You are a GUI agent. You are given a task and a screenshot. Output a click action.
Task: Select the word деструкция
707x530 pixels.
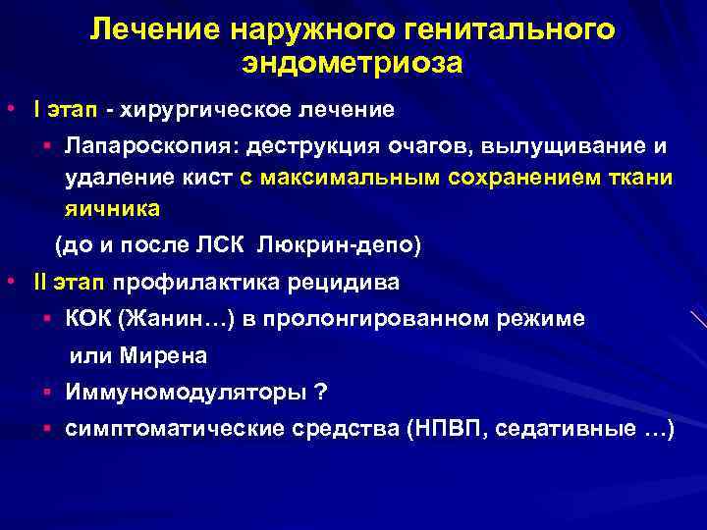pyautogui.click(x=311, y=145)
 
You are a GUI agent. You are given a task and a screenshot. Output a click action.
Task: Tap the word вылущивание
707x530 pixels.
pyautogui.click(x=556, y=145)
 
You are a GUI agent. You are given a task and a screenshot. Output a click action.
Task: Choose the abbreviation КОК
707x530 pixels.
pyautogui.click(x=88, y=318)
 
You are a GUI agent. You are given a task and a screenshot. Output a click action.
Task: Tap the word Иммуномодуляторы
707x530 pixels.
pyautogui.click(x=184, y=392)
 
